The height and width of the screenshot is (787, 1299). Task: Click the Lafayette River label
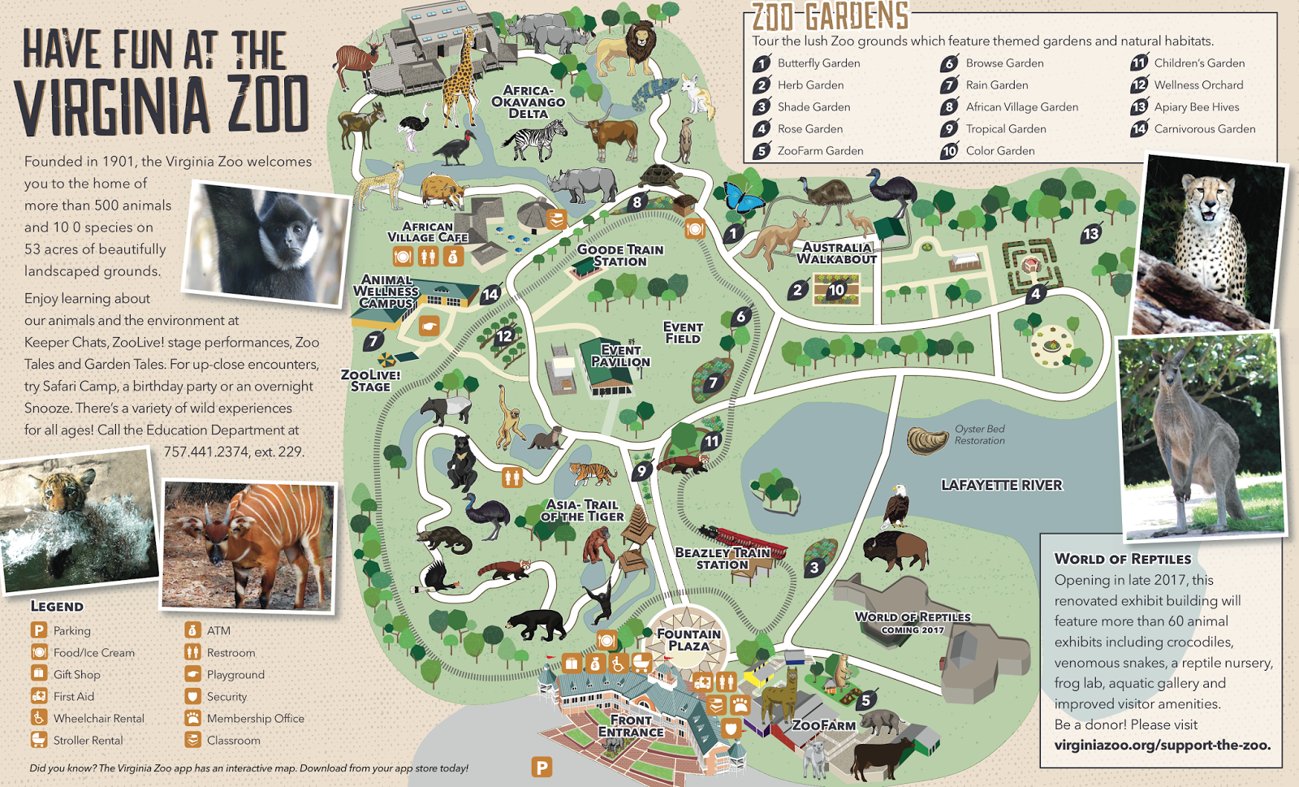[x=1001, y=485]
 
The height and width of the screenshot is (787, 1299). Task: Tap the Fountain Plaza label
[x=688, y=640]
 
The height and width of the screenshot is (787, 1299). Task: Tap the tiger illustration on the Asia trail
[x=592, y=473]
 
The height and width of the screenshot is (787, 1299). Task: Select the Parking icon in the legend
[x=39, y=630]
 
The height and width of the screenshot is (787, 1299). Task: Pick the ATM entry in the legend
[x=218, y=630]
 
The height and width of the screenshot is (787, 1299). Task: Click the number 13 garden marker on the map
[x=1090, y=234]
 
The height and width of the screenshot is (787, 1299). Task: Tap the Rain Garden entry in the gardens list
[x=996, y=84]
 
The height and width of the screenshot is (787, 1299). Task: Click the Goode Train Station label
[x=619, y=255]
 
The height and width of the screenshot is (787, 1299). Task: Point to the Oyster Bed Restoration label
[x=979, y=435]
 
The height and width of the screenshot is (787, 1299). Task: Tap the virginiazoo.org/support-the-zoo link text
[x=1162, y=745]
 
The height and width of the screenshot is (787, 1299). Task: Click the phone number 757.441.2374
[x=206, y=452]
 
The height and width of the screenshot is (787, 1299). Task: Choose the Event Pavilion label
[x=620, y=356]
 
